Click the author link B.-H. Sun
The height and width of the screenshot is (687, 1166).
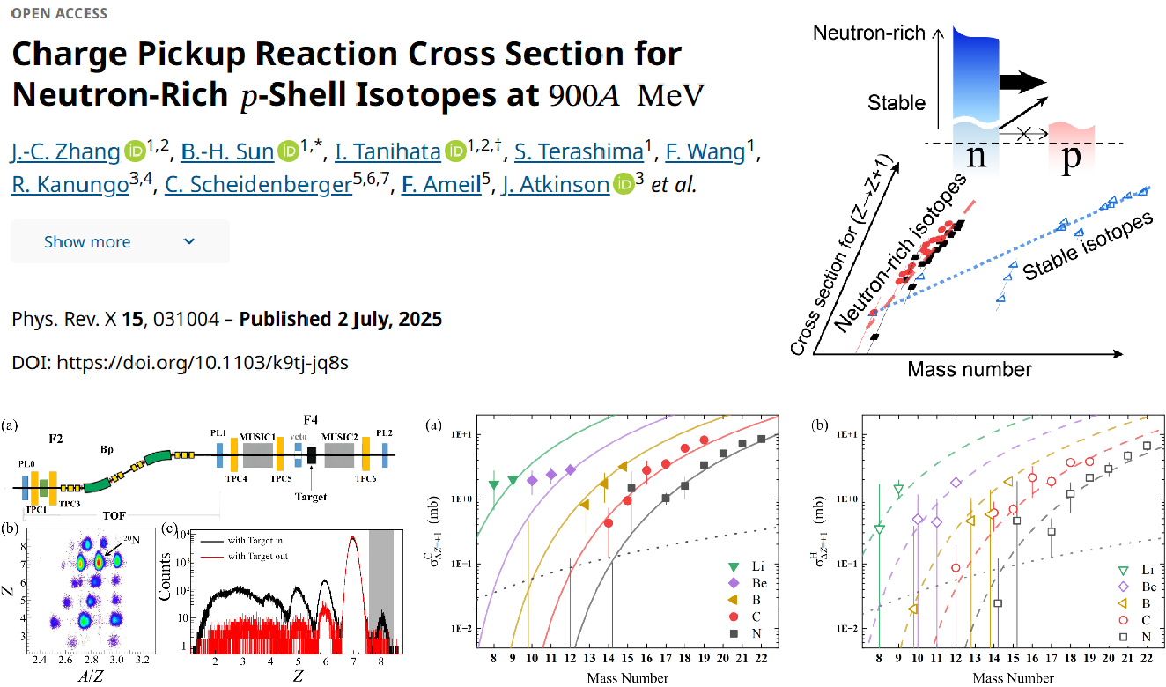(227, 151)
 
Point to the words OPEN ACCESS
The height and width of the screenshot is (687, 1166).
(59, 14)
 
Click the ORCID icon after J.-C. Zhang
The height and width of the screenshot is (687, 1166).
(134, 151)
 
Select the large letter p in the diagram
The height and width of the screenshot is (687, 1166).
(1071, 161)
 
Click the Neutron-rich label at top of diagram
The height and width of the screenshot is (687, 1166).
(868, 33)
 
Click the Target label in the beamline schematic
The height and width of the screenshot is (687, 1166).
(312, 497)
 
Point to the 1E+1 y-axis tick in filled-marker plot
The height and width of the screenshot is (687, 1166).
(461, 434)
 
